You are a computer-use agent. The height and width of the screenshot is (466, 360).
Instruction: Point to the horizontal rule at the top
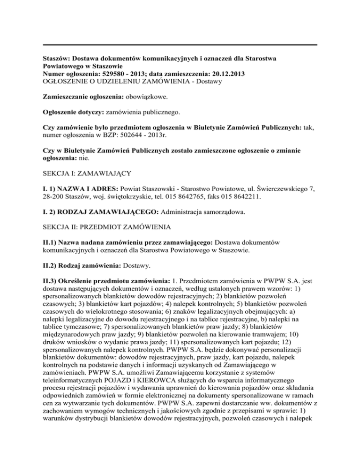[x=180, y=45]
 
